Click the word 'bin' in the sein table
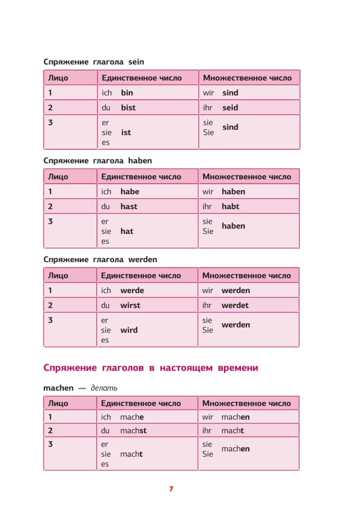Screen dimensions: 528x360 127,93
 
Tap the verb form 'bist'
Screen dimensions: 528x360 128,108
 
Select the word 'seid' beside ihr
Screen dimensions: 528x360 230,108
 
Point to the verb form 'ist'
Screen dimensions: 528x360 126,133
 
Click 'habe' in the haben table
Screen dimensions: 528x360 130,192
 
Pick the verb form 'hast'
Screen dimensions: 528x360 129,206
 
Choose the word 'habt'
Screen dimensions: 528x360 230,206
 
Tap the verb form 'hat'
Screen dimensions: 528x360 127,231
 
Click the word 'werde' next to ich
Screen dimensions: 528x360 132,290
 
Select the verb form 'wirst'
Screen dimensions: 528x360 130,305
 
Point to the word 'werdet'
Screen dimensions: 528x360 235,305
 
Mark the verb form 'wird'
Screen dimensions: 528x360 129,330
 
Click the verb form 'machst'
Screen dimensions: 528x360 133,430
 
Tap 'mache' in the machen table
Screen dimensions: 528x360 132,417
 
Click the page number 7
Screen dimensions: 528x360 171,489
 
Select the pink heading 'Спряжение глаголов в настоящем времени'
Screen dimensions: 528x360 151,368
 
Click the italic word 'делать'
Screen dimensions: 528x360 104,388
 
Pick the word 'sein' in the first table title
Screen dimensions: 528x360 136,62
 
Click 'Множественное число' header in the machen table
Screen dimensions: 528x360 247,403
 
